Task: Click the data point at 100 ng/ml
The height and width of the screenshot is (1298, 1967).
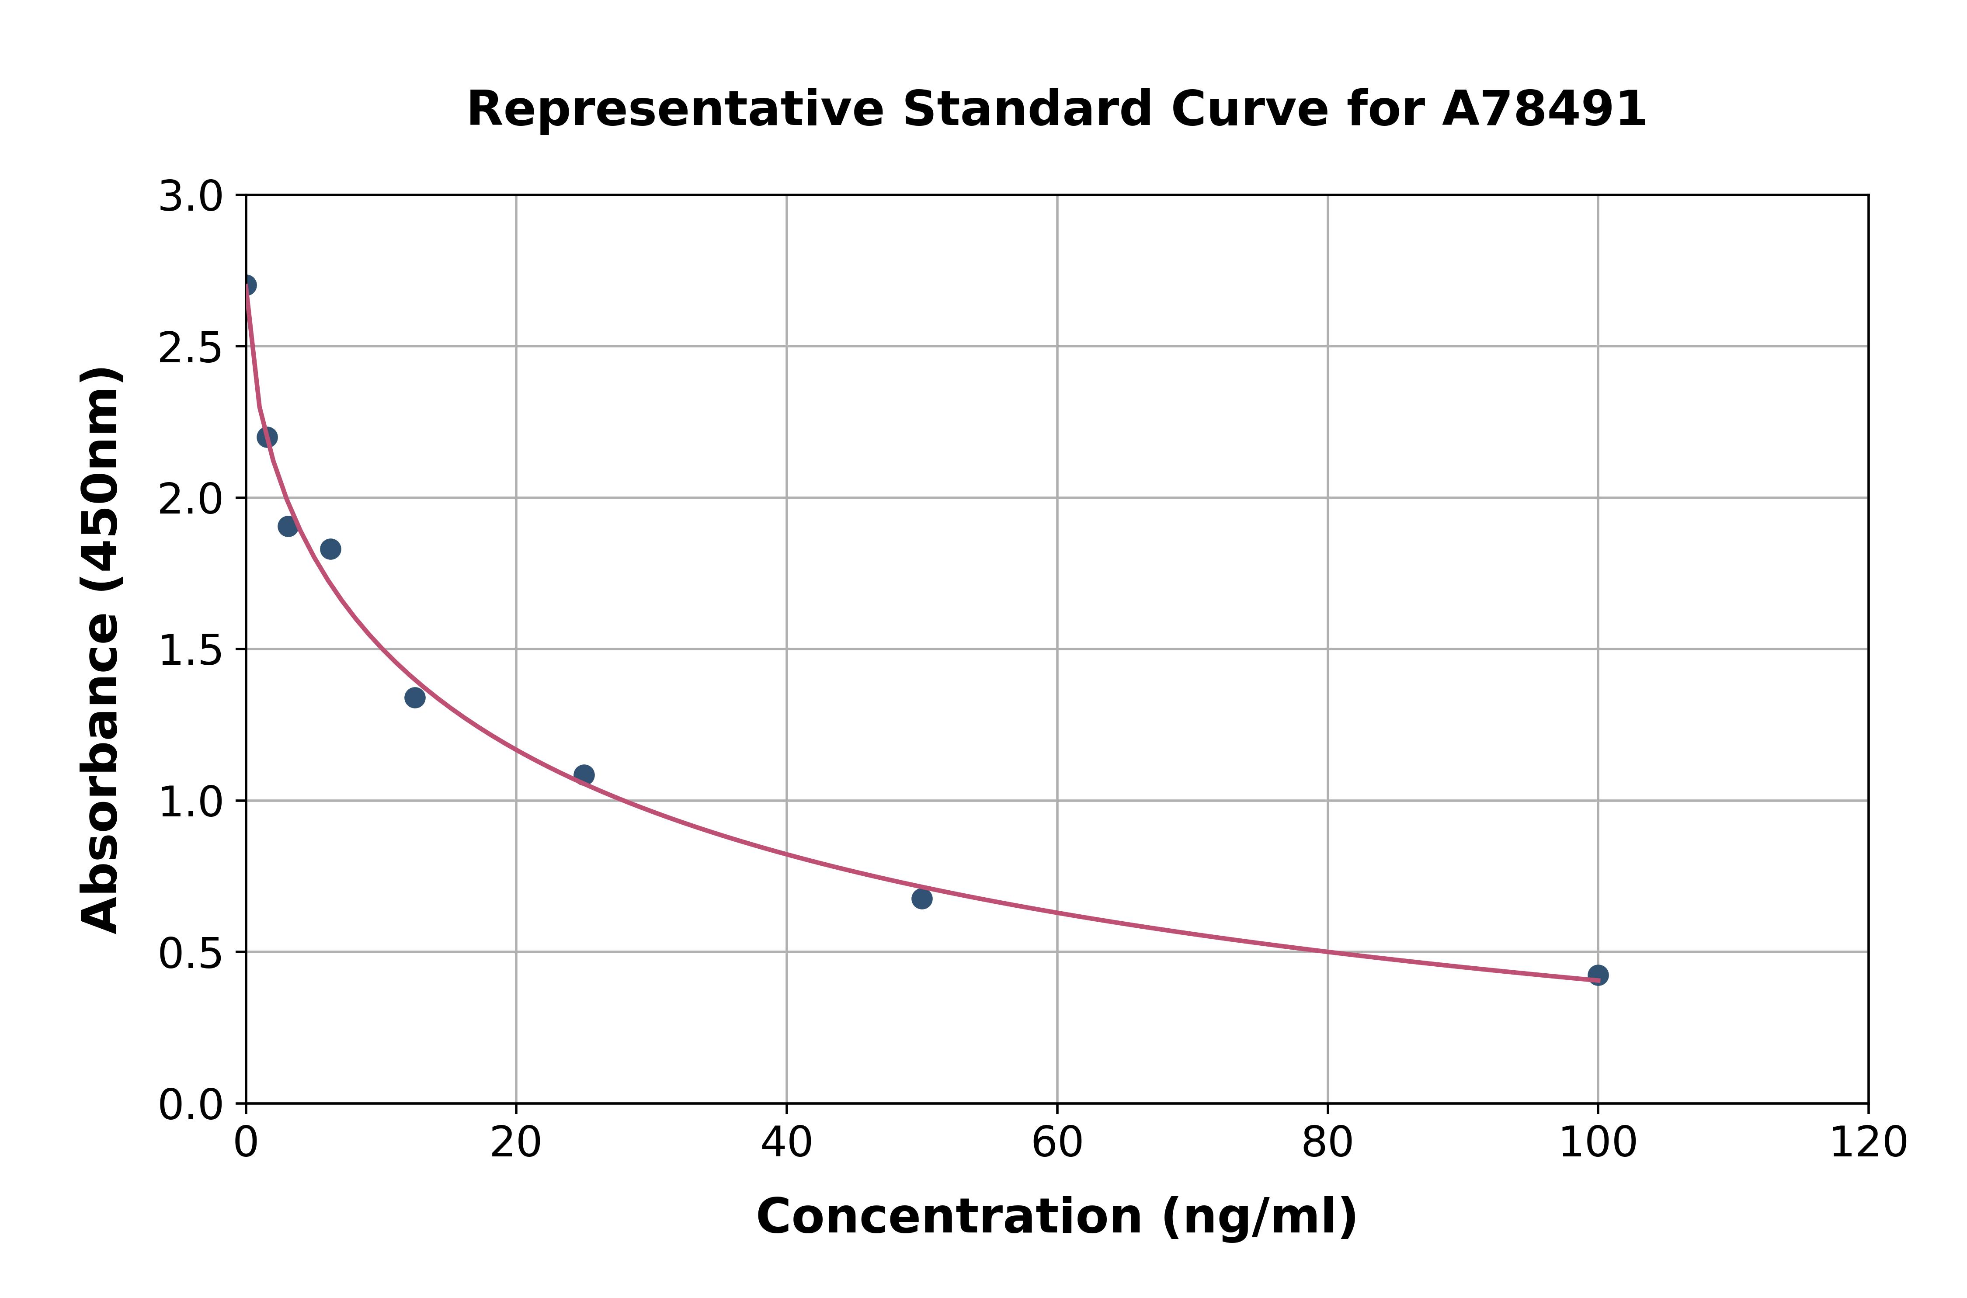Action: point(1598,975)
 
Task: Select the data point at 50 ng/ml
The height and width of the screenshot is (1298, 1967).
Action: point(921,898)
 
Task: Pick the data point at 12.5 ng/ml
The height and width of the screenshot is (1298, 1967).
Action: point(415,698)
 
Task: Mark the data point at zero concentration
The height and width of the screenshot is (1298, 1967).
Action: point(247,285)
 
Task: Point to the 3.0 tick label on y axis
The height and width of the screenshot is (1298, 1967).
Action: point(191,197)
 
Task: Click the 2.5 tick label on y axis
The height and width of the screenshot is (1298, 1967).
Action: point(191,348)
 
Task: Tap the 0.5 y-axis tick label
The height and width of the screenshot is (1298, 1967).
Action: point(191,954)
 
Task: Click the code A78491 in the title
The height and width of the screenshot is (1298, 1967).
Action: point(1544,109)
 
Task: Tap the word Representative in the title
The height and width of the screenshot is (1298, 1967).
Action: point(675,109)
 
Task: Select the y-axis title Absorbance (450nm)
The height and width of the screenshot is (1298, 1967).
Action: point(101,650)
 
